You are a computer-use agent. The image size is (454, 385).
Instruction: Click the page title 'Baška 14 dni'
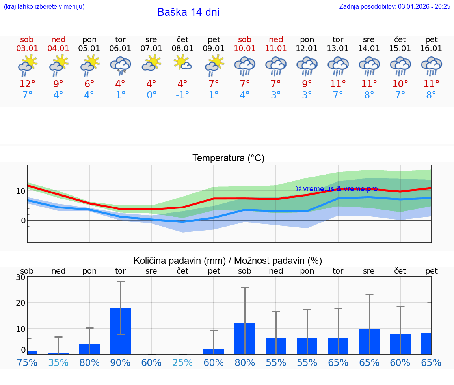(x=188, y=12)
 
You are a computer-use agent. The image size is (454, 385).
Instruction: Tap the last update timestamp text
(x=394, y=6)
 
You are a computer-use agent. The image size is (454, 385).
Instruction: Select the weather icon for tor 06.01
(x=120, y=65)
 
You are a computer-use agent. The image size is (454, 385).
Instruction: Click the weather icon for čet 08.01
(x=182, y=63)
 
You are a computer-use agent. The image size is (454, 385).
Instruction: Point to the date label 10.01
(x=245, y=49)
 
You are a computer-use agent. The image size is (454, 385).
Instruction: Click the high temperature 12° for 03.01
(x=27, y=84)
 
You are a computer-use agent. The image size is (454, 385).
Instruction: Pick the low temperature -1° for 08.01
(x=182, y=95)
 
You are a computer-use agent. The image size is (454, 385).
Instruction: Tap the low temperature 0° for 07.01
(x=151, y=95)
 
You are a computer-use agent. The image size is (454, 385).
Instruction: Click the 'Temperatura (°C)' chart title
(x=228, y=158)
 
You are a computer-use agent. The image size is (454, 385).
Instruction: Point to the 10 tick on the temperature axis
(x=20, y=191)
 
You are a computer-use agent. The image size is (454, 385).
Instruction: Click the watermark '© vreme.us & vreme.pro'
(x=336, y=189)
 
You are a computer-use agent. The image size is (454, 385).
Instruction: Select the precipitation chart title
(x=228, y=261)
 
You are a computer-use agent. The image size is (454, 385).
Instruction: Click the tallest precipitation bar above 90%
(x=120, y=331)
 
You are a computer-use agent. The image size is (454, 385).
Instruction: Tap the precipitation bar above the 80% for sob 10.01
(x=245, y=338)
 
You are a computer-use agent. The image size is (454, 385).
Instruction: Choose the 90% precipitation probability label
(x=120, y=363)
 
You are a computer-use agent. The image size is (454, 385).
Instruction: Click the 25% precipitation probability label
(x=182, y=363)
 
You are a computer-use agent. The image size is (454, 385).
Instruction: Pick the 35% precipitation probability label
(x=58, y=363)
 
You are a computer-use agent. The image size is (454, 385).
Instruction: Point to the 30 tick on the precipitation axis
(x=20, y=277)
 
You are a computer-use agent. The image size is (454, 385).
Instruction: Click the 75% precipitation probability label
(x=27, y=363)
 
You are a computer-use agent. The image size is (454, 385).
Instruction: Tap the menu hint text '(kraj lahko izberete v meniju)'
(x=44, y=6)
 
